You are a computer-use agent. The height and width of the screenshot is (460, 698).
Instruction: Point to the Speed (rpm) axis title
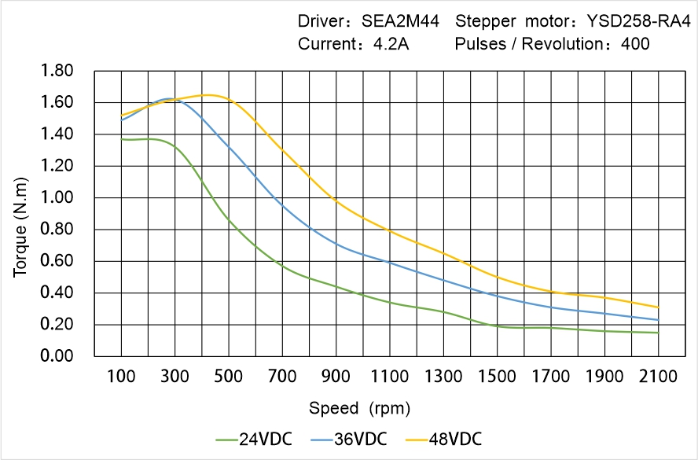358,408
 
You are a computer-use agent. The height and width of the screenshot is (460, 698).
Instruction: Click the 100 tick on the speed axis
121,377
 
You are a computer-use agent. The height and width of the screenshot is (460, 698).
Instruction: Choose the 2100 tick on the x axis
658,377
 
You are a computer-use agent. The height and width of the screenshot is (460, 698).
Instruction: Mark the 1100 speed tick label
389,377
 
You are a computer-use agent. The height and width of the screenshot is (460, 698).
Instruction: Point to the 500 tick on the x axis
228,377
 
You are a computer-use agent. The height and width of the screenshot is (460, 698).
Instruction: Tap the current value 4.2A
390,44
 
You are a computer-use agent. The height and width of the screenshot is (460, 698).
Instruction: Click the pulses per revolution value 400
635,44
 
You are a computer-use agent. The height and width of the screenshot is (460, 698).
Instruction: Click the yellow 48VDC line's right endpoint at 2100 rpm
658,307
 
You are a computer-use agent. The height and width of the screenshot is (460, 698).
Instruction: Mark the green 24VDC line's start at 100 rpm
121,139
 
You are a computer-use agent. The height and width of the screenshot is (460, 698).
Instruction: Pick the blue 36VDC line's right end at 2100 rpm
658,320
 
